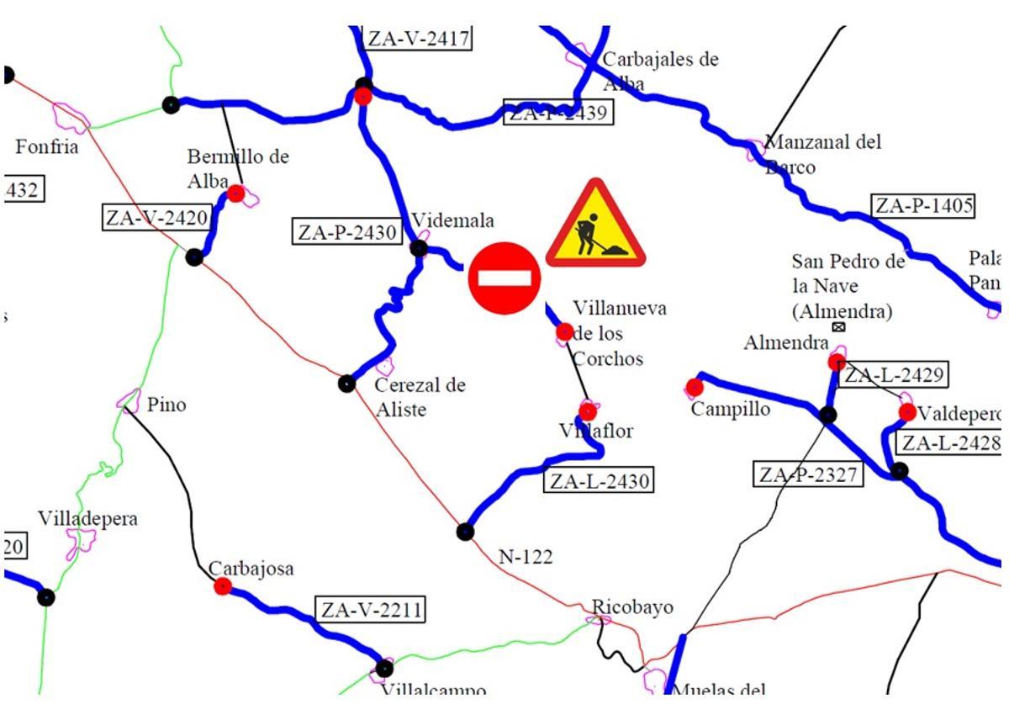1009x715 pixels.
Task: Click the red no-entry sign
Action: pyautogui.click(x=504, y=278)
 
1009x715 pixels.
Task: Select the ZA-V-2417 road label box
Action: pyautogui.click(x=417, y=39)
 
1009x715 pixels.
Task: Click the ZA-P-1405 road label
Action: pyautogui.click(x=922, y=206)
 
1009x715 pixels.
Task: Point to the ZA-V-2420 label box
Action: pyautogui.click(x=156, y=218)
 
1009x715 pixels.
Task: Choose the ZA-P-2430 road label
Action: pyautogui.click(x=346, y=232)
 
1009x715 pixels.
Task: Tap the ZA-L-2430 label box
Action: pyautogui.click(x=598, y=481)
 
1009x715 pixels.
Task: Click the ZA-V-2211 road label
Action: pyautogui.click(x=369, y=609)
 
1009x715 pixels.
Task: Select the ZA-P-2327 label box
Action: pyautogui.click(x=807, y=474)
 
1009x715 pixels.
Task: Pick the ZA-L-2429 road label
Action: pyautogui.click(x=895, y=375)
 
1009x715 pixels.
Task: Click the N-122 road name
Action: pyautogui.click(x=526, y=556)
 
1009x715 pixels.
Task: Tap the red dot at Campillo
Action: pyautogui.click(x=695, y=387)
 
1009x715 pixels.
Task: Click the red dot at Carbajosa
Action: pyautogui.click(x=223, y=586)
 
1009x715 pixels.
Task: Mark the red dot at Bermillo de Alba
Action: pyautogui.click(x=236, y=193)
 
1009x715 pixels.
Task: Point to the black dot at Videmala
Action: pyautogui.click(x=419, y=248)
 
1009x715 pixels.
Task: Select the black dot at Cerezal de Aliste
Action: pyautogui.click(x=346, y=384)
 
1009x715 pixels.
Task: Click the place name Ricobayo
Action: pyautogui.click(x=632, y=607)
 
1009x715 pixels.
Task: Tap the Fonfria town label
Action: pyautogui.click(x=47, y=147)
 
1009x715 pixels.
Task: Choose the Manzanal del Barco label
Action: pyautogui.click(x=822, y=154)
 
